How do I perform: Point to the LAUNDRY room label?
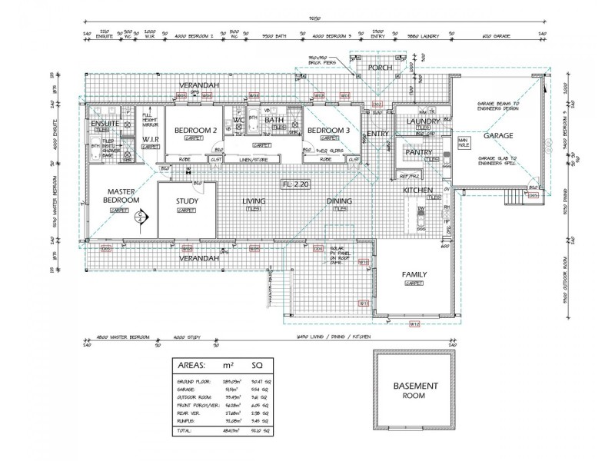pyautogui.click(x=423, y=121)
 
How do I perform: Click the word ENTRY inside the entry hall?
pyautogui.click(x=377, y=134)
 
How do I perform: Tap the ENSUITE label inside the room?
pyautogui.click(x=104, y=124)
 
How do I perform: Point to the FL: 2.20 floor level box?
pyautogui.click(x=295, y=184)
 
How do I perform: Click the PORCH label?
pyautogui.click(x=380, y=68)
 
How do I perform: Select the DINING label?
pyautogui.click(x=339, y=201)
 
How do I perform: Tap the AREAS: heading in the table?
pyautogui.click(x=196, y=365)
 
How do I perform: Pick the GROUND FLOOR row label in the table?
pyautogui.click(x=194, y=382)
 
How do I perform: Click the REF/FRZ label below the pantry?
pyautogui.click(x=408, y=176)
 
